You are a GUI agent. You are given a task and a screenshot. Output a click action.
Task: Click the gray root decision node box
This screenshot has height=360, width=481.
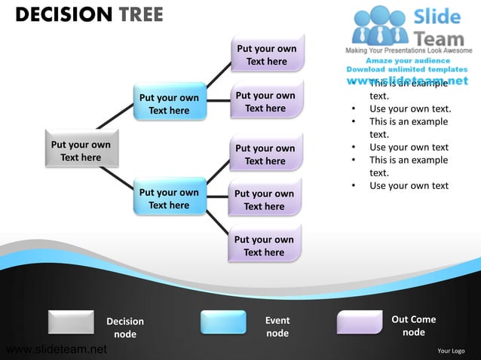[80, 151]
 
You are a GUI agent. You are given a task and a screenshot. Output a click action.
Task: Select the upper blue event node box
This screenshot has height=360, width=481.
[169, 103]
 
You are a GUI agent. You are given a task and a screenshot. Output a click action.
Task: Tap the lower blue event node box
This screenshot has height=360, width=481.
[169, 198]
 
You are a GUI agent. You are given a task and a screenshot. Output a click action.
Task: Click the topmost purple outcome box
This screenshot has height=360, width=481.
[266, 55]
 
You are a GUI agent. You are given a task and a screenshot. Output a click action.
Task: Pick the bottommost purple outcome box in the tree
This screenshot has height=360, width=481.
[264, 246]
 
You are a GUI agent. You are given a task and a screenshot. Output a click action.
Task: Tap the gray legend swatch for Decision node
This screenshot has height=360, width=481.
[71, 322]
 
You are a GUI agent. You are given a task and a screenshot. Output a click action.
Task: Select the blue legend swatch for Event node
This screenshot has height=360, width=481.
[223, 322]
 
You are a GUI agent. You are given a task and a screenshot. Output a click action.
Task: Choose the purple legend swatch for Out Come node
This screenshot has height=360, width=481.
[360, 322]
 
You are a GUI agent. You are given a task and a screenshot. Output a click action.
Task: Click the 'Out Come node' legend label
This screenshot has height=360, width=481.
[413, 325]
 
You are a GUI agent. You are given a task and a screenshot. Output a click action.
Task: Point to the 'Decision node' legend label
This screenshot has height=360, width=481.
[125, 328]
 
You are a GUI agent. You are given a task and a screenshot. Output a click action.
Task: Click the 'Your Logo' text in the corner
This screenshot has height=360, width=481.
[452, 350]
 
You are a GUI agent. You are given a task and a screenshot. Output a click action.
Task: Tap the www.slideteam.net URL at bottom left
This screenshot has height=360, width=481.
[56, 349]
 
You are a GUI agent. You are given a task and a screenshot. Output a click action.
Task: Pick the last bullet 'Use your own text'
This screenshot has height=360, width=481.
[409, 185]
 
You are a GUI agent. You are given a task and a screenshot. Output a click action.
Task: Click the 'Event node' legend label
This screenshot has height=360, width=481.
[277, 326]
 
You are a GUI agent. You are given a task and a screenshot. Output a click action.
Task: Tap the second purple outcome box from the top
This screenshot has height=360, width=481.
[265, 102]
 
